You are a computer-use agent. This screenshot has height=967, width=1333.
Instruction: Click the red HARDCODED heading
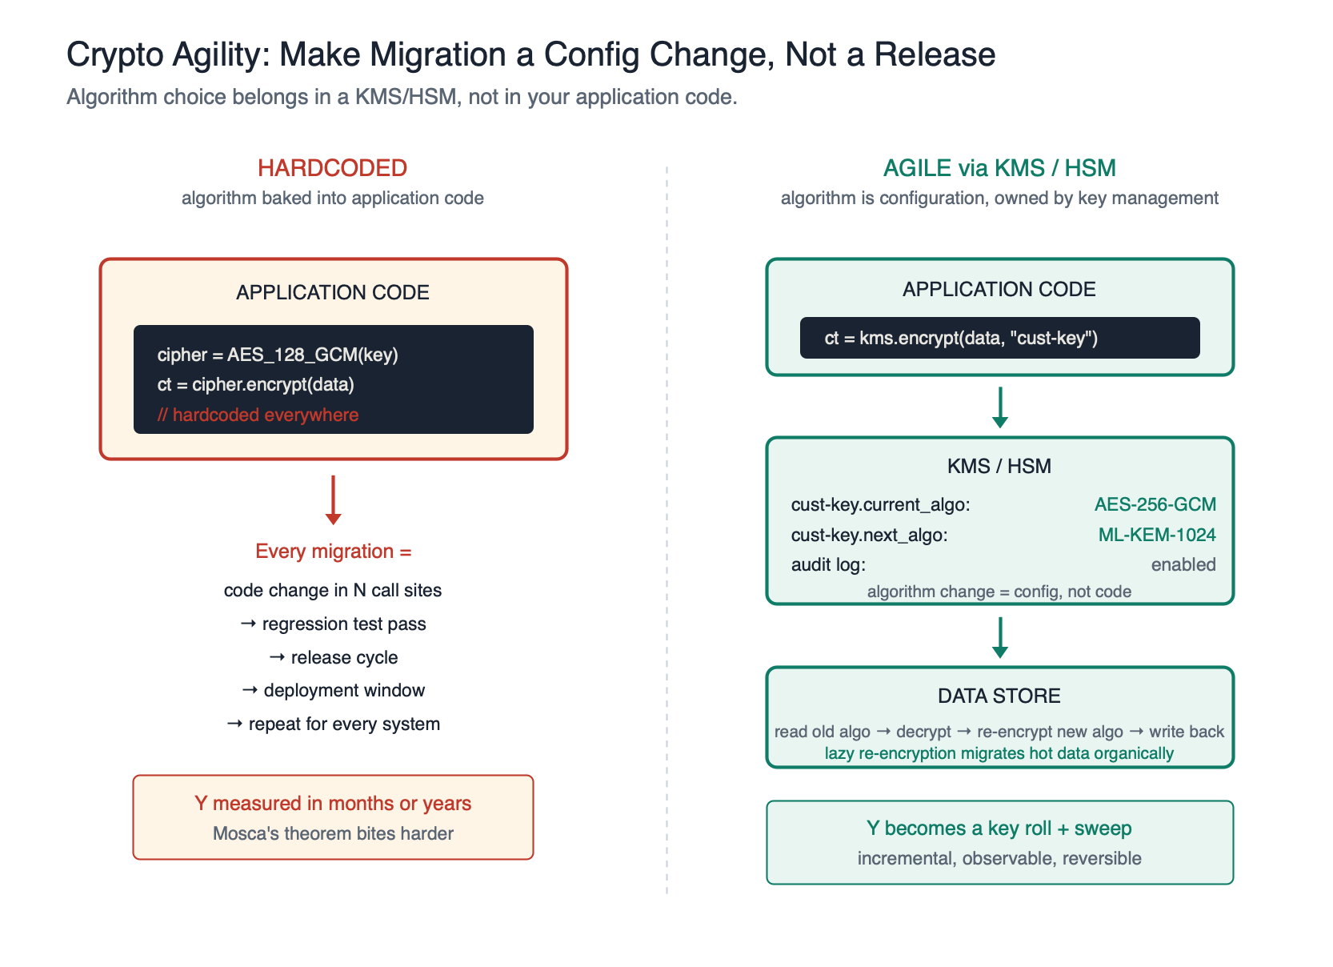[332, 168]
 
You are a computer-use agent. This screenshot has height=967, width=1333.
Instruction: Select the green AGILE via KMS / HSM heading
[999, 168]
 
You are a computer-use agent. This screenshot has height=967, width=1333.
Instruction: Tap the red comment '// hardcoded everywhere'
[258, 415]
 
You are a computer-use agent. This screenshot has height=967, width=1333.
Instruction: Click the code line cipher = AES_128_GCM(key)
[278, 355]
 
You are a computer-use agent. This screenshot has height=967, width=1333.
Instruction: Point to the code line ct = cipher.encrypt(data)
[255, 384]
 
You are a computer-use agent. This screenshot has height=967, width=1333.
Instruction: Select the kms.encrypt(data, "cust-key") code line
[961, 338]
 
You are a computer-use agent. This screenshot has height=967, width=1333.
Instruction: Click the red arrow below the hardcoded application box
[334, 500]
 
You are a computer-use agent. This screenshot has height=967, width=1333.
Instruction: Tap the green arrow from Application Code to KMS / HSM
[999, 407]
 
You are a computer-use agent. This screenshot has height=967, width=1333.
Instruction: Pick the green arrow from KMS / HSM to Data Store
[999, 637]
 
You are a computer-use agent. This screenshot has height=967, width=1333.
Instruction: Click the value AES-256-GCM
[1155, 504]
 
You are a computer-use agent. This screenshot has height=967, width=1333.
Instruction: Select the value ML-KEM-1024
[1156, 535]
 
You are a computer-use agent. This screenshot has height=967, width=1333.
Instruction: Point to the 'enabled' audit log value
[1183, 564]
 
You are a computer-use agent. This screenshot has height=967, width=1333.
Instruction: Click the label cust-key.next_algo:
[869, 535]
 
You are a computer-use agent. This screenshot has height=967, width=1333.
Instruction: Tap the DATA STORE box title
[999, 696]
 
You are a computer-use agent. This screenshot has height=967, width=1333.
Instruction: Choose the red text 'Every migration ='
[333, 552]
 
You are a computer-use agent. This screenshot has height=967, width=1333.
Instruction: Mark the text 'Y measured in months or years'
[333, 803]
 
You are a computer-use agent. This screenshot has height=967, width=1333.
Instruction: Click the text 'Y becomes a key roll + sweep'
[999, 829]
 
